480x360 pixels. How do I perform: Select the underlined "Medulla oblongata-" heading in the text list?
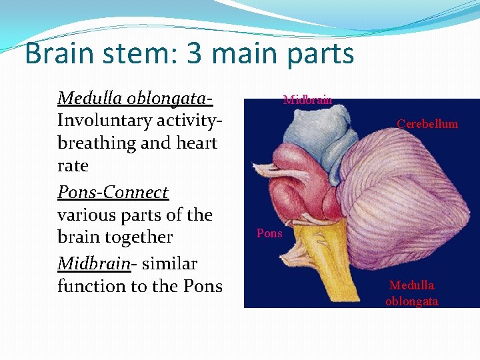click(x=135, y=99)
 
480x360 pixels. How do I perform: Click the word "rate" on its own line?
click(x=73, y=165)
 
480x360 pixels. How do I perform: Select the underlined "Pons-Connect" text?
click(x=113, y=193)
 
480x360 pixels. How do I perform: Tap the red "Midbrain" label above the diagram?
click(x=307, y=101)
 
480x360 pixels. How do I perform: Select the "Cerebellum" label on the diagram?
click(x=427, y=124)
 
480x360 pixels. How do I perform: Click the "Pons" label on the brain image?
click(x=269, y=234)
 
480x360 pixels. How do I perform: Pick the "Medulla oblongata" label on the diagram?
click(x=411, y=293)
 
